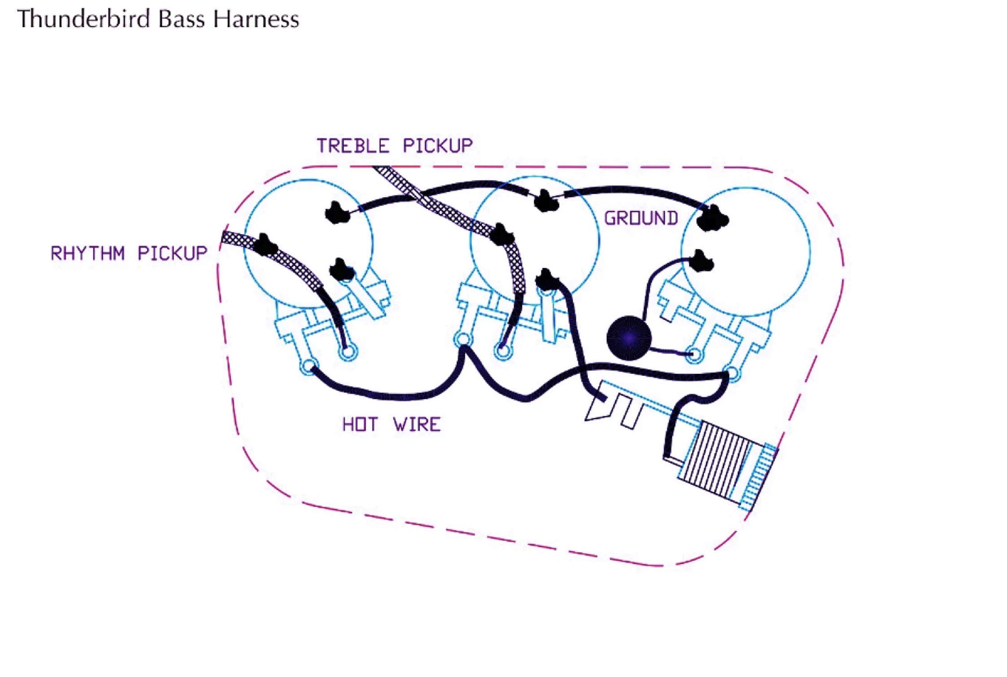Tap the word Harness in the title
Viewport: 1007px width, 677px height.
pos(256,19)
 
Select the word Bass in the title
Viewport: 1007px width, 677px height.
pos(181,19)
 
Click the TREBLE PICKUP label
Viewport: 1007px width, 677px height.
pos(394,146)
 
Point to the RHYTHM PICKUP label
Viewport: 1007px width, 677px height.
pos(129,253)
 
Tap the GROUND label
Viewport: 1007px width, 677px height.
pos(641,218)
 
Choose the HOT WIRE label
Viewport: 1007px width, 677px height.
pos(391,424)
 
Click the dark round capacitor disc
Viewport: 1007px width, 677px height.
pos(628,338)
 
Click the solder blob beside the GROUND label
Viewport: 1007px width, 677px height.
pos(712,218)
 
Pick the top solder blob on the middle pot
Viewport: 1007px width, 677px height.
pos(545,201)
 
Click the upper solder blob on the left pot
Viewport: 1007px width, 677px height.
pos(337,212)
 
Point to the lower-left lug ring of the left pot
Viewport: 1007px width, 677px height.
pos(309,367)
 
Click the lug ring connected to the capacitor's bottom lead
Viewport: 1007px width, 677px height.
pos(694,354)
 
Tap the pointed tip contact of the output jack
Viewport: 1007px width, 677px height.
pos(586,419)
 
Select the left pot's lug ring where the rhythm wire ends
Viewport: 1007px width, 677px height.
pos(347,352)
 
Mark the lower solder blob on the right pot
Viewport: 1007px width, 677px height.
pos(700,261)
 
